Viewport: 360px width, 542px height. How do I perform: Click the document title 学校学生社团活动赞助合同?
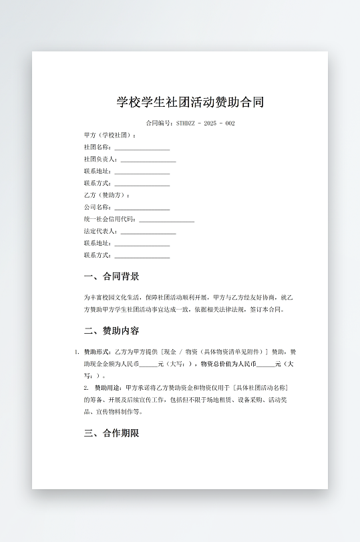pyautogui.click(x=190, y=102)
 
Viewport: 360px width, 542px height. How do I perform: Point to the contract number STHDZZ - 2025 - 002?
pyautogui.click(x=205, y=123)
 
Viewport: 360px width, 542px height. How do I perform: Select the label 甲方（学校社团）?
pyautogui.click(x=109, y=135)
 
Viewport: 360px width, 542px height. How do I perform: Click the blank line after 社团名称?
pyautogui.click(x=142, y=148)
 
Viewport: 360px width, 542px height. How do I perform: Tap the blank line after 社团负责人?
pyautogui.click(x=148, y=160)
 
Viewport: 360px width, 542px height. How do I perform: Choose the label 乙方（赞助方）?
pyautogui.click(x=106, y=196)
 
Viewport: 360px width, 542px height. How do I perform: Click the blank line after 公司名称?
pyautogui.click(x=142, y=208)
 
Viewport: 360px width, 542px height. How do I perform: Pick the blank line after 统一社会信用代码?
pyautogui.click(x=166, y=220)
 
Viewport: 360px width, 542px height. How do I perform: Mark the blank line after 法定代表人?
pyautogui.click(x=148, y=232)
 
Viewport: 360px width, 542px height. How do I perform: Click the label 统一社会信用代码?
pyautogui.click(x=110, y=220)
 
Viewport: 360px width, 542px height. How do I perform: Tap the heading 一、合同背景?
pyautogui.click(x=112, y=276)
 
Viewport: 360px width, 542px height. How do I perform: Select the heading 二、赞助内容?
pyautogui.click(x=112, y=330)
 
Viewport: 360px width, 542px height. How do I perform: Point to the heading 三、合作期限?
pyautogui.click(x=112, y=433)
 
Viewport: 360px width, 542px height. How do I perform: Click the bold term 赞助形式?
pyautogui.click(x=97, y=352)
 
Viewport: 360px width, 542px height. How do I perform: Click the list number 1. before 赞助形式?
pyautogui.click(x=77, y=352)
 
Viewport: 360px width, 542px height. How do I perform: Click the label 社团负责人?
pyautogui.click(x=100, y=160)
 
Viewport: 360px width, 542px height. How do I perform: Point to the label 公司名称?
pyautogui.click(x=97, y=208)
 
